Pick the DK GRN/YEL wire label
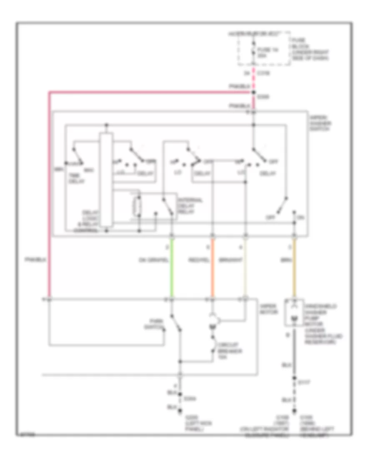tap(154, 261)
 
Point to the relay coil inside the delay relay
tap(136, 205)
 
